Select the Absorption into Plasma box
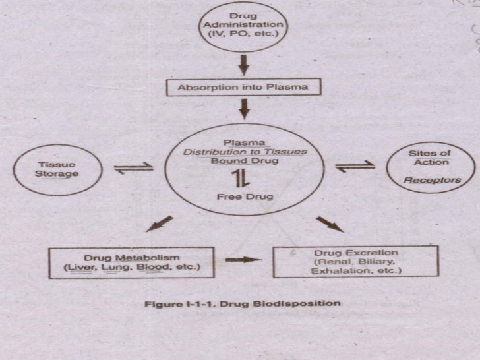(243, 87)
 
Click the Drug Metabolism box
(133, 262)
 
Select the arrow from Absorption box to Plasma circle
(243, 107)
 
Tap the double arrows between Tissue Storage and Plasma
(134, 168)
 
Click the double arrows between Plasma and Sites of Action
(355, 167)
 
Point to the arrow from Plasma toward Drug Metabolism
(159, 225)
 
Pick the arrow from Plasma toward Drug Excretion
(330, 224)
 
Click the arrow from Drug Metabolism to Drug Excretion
(243, 260)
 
